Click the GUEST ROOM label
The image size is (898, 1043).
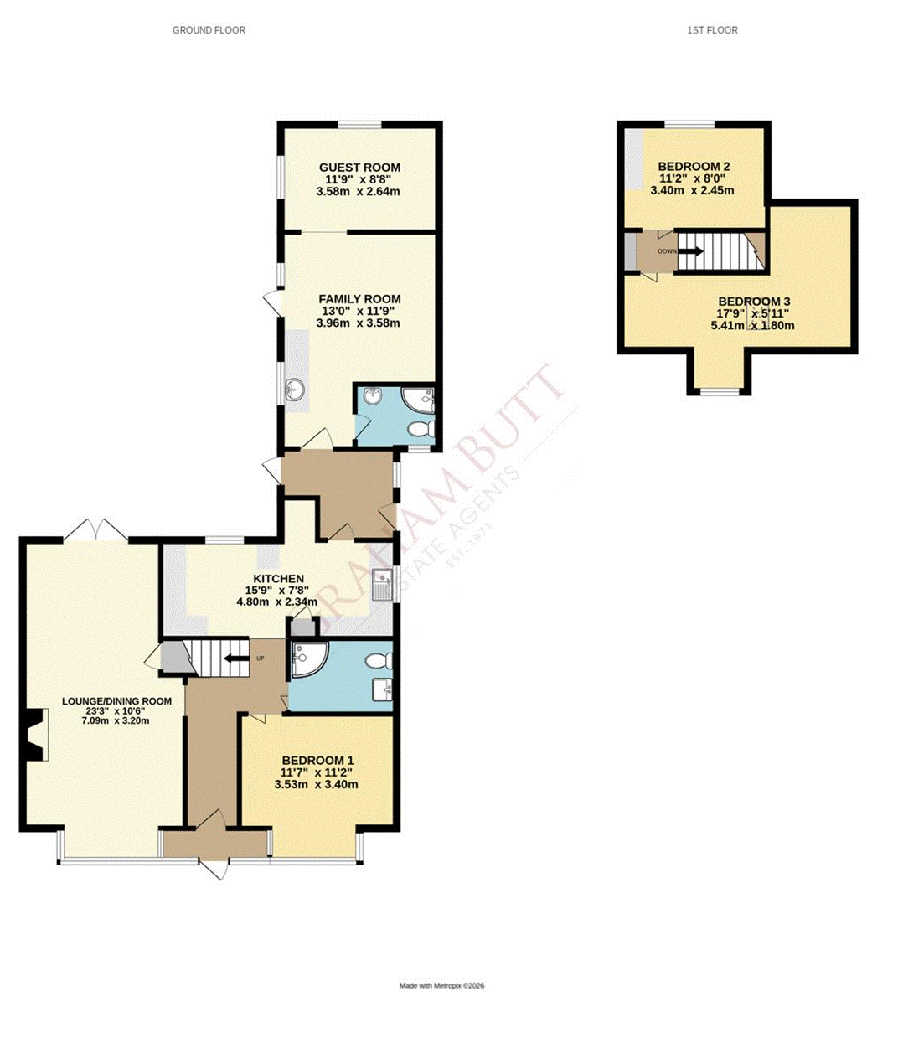359,168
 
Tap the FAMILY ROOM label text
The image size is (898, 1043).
359,299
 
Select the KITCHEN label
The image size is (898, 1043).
278,579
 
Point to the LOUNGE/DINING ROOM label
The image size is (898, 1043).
116,701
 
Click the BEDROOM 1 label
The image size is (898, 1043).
317,761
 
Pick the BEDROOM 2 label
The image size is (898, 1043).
694,167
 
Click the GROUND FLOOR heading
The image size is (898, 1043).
209,30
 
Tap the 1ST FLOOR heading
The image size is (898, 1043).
712,30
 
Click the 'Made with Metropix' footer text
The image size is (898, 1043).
441,986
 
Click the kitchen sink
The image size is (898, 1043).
384,583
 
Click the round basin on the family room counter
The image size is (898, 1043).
294,389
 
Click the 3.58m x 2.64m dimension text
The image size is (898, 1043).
358,191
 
